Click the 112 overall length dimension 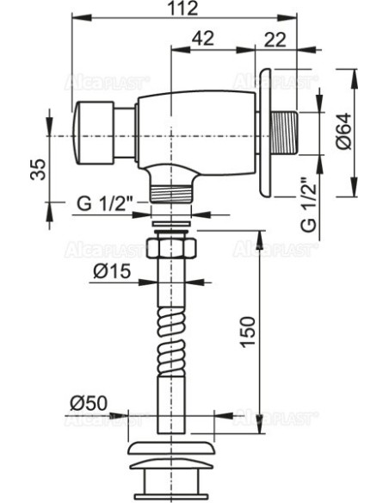183,9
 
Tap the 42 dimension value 203,39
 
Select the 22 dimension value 275,40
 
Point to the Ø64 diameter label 344,132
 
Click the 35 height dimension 39,170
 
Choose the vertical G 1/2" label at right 309,205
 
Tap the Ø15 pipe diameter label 112,271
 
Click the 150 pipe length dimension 248,332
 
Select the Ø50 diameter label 89,403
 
